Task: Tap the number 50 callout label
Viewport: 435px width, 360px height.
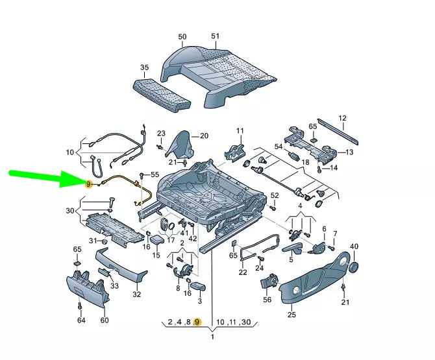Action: coord(182,37)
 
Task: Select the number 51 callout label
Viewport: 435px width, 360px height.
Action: coord(216,36)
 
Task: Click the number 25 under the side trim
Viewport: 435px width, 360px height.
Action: coord(291,315)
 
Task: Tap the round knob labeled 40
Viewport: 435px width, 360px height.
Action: coord(354,265)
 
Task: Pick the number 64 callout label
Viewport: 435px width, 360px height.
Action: coord(81,320)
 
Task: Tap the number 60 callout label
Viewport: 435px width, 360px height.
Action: coord(105,320)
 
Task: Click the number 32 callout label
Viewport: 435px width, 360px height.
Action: coord(136,294)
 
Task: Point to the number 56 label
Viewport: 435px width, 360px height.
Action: coord(267,300)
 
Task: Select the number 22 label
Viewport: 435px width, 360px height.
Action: coord(243,272)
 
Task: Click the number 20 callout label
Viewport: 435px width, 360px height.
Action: coord(204,136)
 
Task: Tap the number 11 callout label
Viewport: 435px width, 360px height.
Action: coord(240,131)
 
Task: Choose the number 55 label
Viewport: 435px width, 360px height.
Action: coord(155,175)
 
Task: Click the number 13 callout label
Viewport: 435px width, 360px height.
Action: coord(349,152)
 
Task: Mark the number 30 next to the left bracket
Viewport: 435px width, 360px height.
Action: coord(70,211)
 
